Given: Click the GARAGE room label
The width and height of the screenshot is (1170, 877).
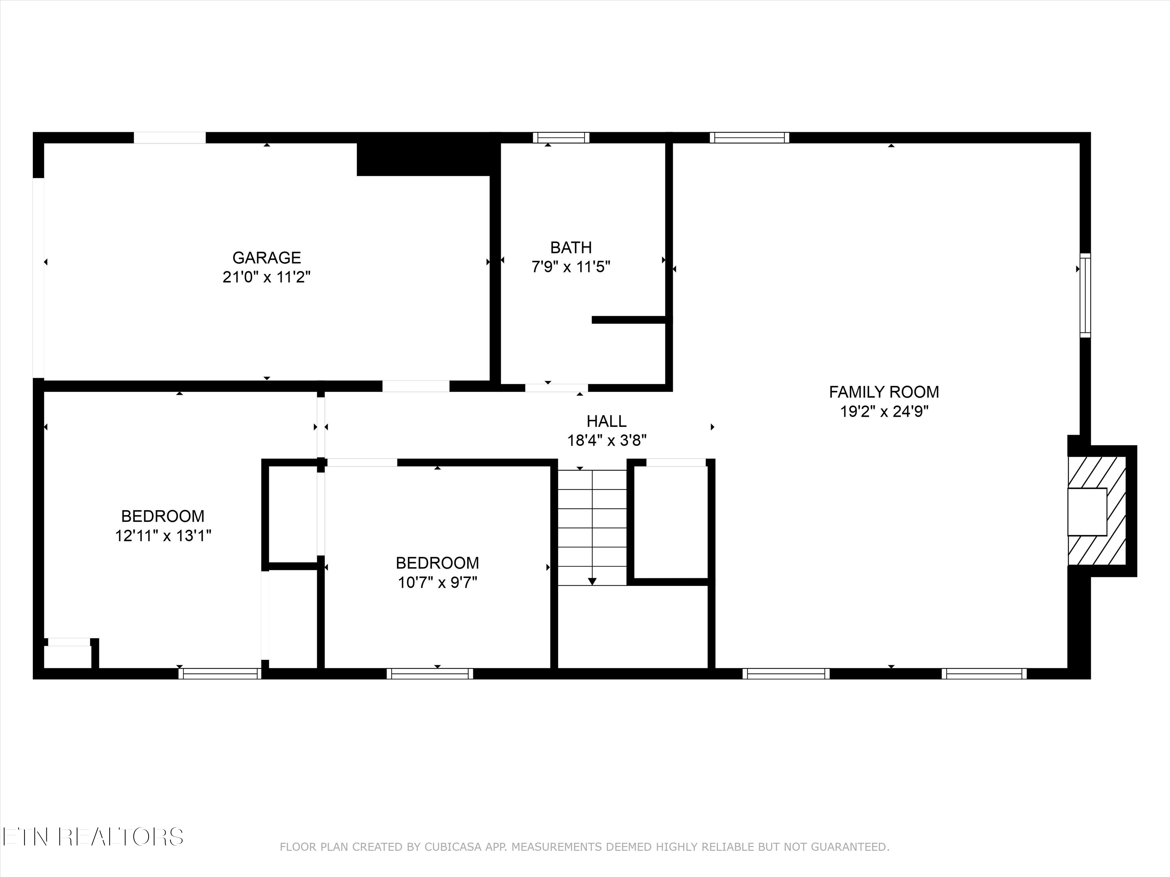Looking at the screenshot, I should point(267,257).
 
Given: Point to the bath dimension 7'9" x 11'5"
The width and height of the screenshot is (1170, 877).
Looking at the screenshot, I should point(571,267).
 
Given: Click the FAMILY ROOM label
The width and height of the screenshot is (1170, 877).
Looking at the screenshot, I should point(884,392).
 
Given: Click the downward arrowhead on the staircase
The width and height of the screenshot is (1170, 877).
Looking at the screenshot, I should point(592,582).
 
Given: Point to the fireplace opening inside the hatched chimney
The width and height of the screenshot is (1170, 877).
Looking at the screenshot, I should point(1087,512).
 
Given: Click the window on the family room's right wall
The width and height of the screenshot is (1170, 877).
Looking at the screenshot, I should point(1085,295).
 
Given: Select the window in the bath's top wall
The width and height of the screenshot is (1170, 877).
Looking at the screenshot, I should point(561,138).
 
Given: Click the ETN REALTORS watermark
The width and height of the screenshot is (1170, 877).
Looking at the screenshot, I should point(92,837).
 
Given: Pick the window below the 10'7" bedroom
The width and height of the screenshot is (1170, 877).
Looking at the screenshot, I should point(429,674).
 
